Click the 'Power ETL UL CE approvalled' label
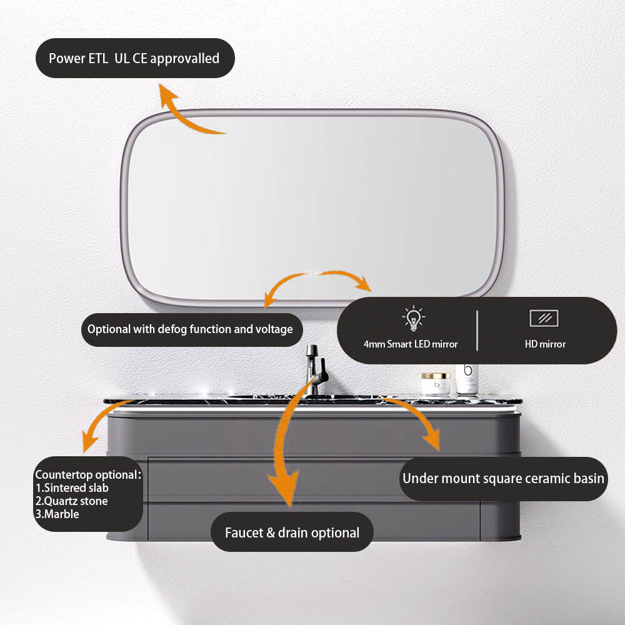tap(135, 58)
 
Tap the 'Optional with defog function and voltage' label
tap(192, 329)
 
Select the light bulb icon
tap(413, 318)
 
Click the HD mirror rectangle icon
tap(544, 318)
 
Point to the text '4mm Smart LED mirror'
tap(411, 344)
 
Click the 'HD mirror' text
tap(545, 344)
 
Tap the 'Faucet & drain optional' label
tap(292, 532)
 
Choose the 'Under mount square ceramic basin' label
tap(503, 478)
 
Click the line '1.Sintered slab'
tap(72, 488)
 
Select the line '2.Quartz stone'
tap(71, 501)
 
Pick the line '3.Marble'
tap(57, 514)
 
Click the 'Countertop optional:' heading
tap(88, 475)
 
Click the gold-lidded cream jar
tap(436, 384)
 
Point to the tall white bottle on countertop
tap(467, 379)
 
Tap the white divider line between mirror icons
tap(477, 331)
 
